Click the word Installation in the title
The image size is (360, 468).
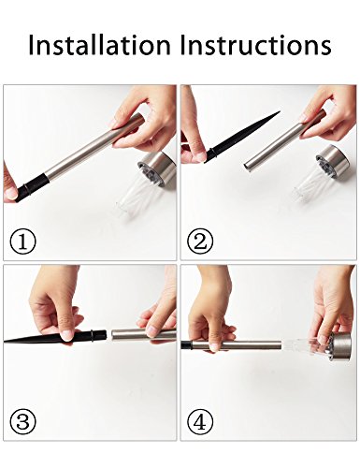99,46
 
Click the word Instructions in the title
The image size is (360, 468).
256,46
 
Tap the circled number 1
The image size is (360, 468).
23,242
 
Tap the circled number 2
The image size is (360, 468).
200,242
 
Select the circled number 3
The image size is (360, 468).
23,422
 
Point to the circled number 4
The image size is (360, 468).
200,422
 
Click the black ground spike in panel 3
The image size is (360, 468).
55,337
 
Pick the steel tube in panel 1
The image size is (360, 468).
94,150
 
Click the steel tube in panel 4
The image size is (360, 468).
237,346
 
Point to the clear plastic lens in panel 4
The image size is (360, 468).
307,345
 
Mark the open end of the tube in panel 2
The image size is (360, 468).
246,167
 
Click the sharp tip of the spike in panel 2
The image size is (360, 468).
280,111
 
